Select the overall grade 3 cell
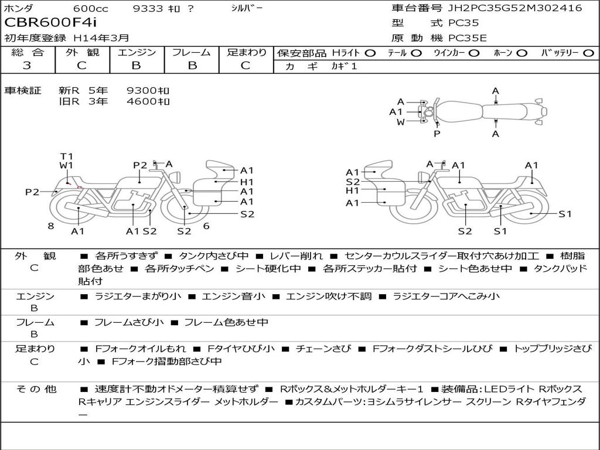click(x=27, y=66)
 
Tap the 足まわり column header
click(x=247, y=53)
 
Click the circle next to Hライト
click(x=370, y=53)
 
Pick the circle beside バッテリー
click(x=588, y=53)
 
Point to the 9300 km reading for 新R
click(x=148, y=90)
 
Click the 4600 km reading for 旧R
click(x=148, y=101)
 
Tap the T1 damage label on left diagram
click(x=66, y=156)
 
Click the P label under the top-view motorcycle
click(x=437, y=134)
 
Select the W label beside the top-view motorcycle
click(x=401, y=122)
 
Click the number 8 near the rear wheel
click(x=51, y=226)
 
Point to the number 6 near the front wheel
click(x=206, y=226)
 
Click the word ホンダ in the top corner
click(x=19, y=8)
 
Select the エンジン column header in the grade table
click(x=137, y=53)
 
